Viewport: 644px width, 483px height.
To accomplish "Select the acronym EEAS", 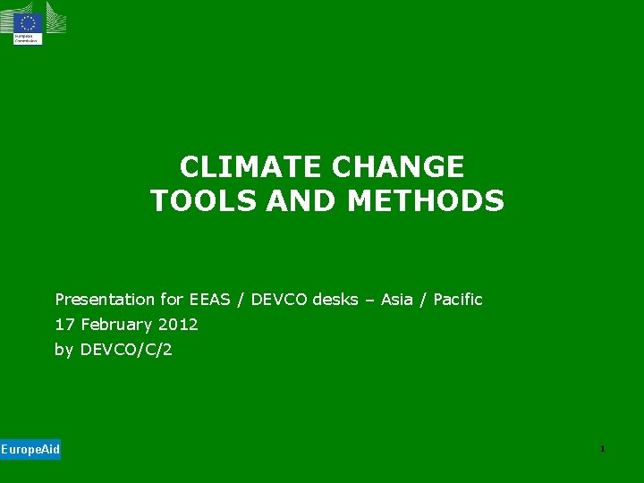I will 210,300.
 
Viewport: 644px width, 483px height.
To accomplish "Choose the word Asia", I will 397,300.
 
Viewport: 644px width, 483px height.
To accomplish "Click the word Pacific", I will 457,300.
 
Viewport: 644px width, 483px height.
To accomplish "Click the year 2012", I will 177,325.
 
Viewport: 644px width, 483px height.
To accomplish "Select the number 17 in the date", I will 64,325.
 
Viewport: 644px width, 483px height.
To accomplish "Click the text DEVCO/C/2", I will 126,350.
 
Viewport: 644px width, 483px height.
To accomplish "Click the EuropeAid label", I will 30,449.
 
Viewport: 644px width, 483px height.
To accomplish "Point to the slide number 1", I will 603,448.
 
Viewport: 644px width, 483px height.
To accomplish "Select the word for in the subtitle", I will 174,300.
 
